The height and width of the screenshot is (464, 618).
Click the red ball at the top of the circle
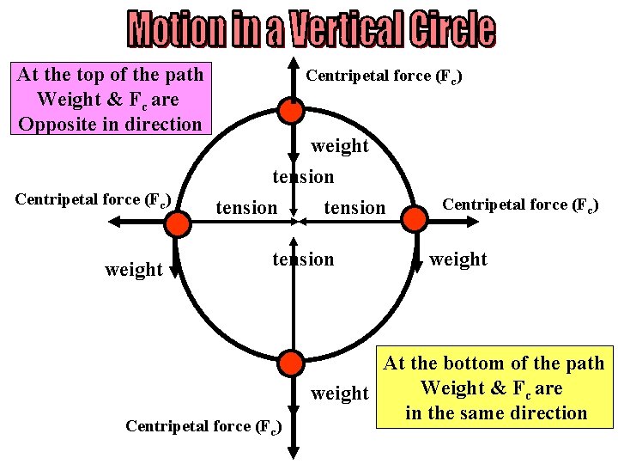coord(292,111)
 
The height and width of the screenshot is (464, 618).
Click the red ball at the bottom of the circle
coord(293,362)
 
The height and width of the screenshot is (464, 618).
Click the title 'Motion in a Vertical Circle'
coord(312,29)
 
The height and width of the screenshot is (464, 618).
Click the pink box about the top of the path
coord(111,99)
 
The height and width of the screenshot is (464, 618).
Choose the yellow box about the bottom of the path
coord(495,388)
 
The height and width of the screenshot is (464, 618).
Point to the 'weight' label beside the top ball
coord(340,146)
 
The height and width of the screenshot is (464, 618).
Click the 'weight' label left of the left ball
coord(133,270)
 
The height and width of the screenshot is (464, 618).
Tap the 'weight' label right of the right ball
coord(458,259)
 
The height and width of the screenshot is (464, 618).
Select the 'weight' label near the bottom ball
coord(340,394)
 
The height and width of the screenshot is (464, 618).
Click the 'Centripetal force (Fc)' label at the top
coord(385,76)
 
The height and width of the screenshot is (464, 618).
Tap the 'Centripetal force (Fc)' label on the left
coord(94,200)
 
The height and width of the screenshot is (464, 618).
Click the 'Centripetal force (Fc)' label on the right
coord(520,205)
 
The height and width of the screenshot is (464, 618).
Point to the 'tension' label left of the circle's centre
coord(246,207)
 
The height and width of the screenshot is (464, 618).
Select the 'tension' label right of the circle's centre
coord(354,207)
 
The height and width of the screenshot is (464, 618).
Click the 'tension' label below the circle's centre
coord(303,259)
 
